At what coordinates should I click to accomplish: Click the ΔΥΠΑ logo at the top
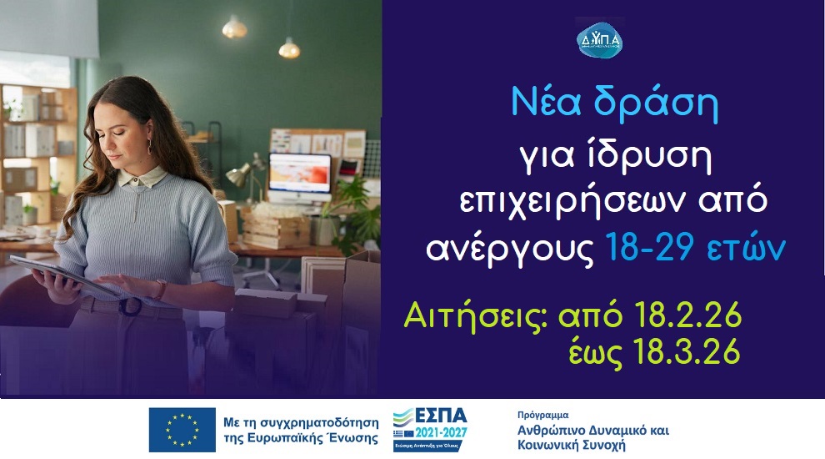coord(599,40)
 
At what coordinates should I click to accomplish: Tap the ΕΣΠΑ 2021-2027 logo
coord(431,428)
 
